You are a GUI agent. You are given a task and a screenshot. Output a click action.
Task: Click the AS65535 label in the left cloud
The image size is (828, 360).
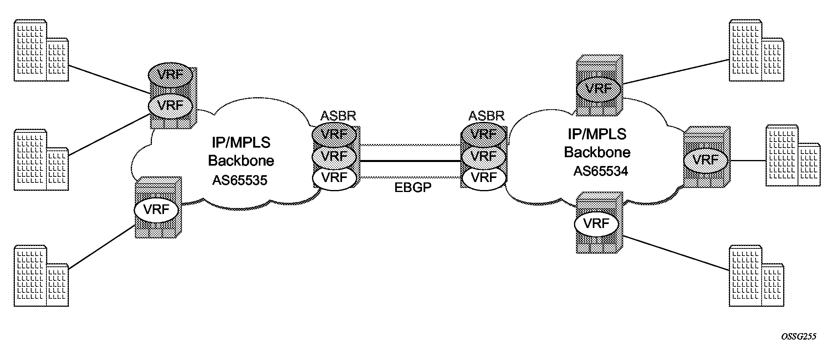[x=240, y=180]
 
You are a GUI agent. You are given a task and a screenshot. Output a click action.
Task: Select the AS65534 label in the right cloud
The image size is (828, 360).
[x=600, y=171]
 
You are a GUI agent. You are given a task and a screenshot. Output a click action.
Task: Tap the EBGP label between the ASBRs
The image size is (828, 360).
[x=413, y=188]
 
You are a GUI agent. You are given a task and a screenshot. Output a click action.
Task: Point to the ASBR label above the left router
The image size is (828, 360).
[x=338, y=116]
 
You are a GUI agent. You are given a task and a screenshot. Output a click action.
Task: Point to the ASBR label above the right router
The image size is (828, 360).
[x=486, y=116]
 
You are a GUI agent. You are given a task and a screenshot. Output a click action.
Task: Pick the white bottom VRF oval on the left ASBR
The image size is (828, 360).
[x=334, y=177]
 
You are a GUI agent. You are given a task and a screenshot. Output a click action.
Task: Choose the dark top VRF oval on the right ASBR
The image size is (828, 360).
[x=484, y=134]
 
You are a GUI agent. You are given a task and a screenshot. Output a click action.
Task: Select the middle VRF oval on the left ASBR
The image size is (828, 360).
[x=334, y=156]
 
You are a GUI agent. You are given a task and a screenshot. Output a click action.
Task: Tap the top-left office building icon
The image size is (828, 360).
[x=41, y=51]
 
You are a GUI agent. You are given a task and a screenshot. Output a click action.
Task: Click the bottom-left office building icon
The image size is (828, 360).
[x=41, y=276]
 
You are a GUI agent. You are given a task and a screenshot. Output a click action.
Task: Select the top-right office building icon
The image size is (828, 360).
[x=756, y=51]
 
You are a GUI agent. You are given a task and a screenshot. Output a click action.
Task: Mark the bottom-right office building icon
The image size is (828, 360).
[x=756, y=276]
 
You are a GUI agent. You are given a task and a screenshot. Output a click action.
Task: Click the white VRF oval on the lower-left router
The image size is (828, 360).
[x=156, y=210]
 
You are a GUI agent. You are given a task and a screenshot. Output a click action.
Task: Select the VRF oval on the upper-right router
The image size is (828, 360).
[x=599, y=88]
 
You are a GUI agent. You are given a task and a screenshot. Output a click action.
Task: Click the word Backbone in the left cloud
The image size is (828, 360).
[x=241, y=160]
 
